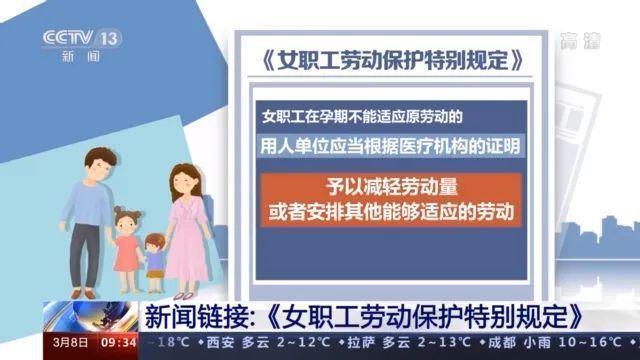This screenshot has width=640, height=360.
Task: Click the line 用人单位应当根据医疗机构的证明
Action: pos(390,146)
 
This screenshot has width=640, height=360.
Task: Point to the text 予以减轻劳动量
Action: pos(389,187)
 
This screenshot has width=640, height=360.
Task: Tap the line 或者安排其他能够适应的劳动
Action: pos(390,212)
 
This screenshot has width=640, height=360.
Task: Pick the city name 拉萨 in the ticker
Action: pos(349,342)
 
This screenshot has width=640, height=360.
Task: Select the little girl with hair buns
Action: pos(126,240)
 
